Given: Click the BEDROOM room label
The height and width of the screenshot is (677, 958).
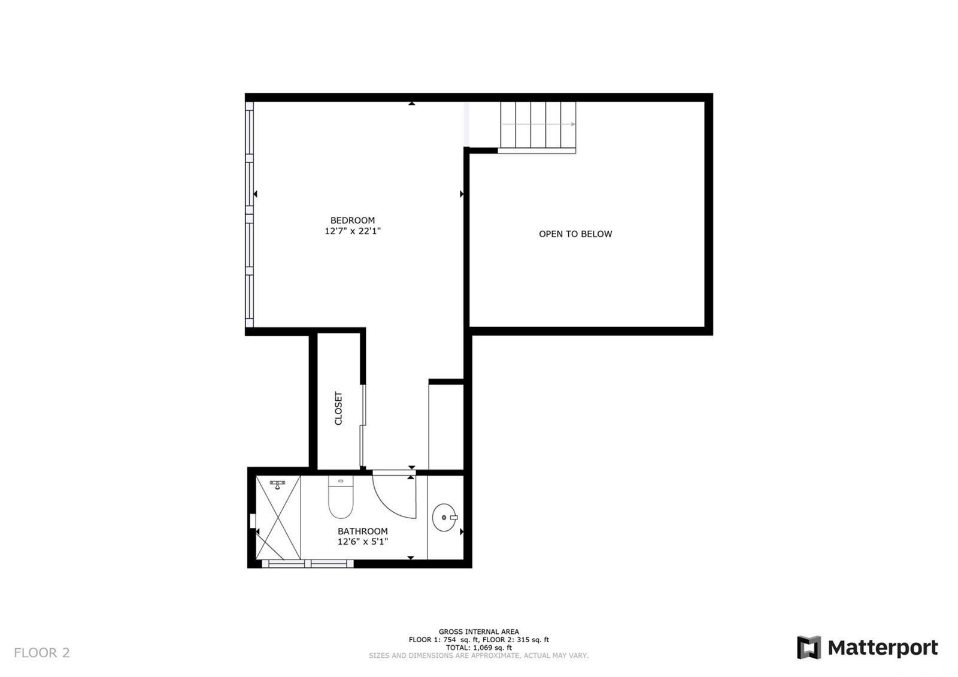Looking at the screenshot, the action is point(353,220).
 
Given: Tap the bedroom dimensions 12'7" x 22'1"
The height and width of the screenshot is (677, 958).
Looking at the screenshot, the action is point(353,231).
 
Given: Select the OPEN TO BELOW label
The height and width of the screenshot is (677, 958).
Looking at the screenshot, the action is point(575,234).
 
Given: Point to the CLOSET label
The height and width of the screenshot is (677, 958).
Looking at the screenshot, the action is point(338,408).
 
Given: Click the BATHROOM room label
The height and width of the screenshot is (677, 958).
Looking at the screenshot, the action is point(363,531).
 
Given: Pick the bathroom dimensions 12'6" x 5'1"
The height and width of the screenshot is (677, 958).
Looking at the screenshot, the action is point(363,542).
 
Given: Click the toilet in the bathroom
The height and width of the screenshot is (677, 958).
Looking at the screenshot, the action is point(341,497).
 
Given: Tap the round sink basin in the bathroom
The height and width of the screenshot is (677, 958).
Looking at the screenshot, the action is point(444,518).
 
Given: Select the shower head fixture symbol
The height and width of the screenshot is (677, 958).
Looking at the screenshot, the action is point(278,485).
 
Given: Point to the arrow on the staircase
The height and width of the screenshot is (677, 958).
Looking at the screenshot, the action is point(538,124).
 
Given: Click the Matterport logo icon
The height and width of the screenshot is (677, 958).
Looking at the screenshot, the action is point(809,648).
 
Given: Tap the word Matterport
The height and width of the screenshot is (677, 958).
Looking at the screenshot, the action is point(883,648).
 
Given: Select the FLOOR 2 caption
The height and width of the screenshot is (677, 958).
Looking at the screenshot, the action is point(41,652).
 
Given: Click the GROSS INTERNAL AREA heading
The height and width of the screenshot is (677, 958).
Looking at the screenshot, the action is point(478,631).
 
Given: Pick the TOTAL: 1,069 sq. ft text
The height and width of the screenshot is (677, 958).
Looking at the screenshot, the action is point(478,648).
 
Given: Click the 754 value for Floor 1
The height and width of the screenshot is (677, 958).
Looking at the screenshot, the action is point(450,639).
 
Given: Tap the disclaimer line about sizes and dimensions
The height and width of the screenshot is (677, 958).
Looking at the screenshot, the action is point(478,655).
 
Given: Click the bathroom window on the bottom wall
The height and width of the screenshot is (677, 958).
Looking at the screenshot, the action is point(308,564).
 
